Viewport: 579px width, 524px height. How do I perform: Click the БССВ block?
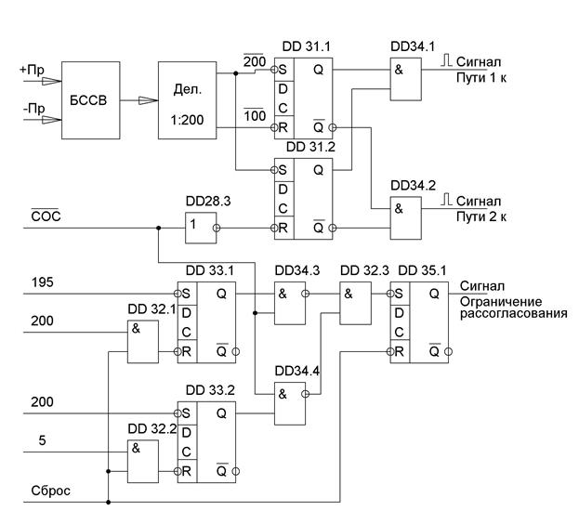(x=90, y=100)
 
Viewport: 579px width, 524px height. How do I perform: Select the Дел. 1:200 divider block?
(x=187, y=100)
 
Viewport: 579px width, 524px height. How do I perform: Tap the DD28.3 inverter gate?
(x=201, y=228)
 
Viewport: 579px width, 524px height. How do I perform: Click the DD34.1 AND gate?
(x=406, y=79)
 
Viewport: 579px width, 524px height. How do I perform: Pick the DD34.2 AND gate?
(x=406, y=218)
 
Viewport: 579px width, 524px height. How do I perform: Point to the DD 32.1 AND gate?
(x=143, y=342)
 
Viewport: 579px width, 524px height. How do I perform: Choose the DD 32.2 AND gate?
(x=143, y=461)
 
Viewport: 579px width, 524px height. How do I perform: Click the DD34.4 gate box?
(x=290, y=404)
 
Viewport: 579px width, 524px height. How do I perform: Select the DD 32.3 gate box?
(x=355, y=303)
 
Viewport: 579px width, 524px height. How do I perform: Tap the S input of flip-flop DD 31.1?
(x=283, y=70)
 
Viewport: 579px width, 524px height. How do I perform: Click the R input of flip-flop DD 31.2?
(x=283, y=228)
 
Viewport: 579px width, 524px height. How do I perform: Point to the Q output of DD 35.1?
(x=434, y=294)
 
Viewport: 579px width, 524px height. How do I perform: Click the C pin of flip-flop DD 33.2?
(x=187, y=452)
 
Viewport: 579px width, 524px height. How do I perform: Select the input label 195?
(x=43, y=282)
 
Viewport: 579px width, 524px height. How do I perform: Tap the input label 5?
(x=43, y=440)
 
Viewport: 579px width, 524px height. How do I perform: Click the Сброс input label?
(x=50, y=491)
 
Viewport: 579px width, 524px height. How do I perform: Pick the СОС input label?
(x=46, y=216)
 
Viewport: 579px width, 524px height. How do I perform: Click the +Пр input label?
(x=32, y=70)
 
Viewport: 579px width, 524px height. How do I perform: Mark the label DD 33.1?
(x=210, y=270)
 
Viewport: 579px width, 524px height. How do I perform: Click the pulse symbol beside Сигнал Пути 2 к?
(x=446, y=200)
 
